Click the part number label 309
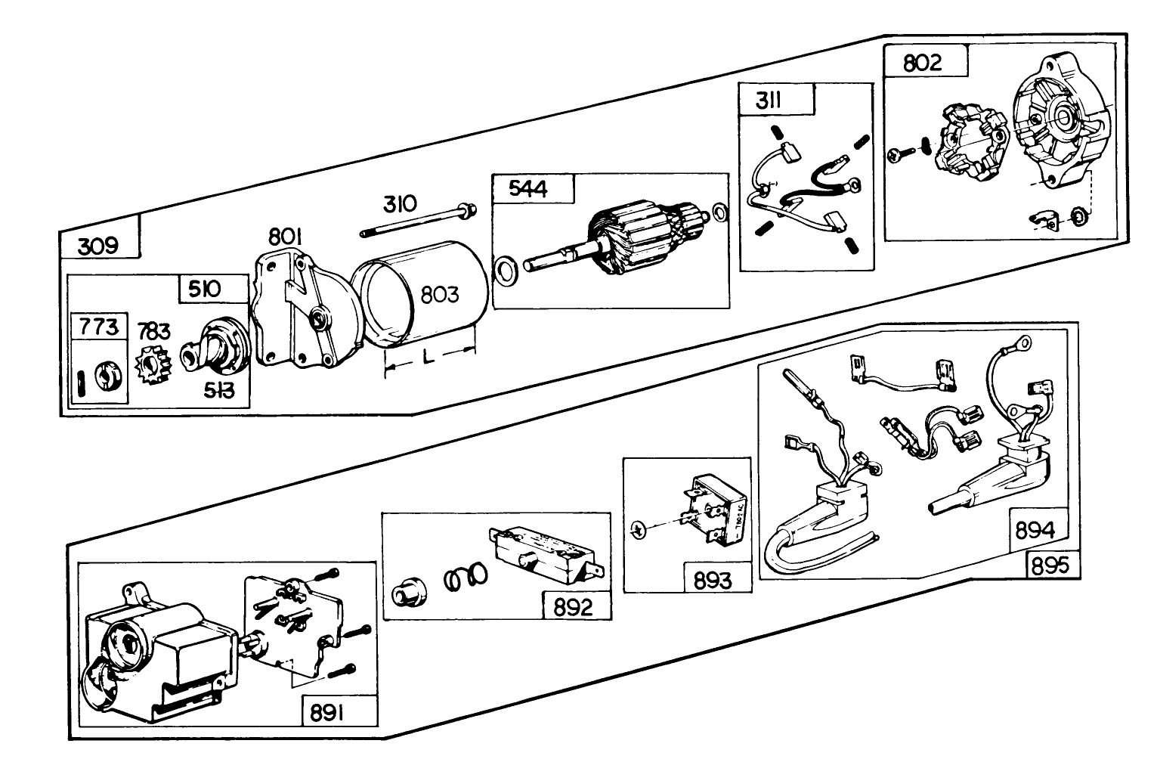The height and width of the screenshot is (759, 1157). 99,246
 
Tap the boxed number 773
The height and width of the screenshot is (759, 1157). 99,327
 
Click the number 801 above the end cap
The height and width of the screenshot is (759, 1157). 286,237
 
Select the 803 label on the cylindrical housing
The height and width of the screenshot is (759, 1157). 439,294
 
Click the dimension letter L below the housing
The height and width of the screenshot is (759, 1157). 428,358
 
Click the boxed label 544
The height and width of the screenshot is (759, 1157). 527,188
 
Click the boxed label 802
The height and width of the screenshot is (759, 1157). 923,62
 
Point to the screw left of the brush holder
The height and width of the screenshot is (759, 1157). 897,155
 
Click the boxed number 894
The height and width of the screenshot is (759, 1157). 1035,531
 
